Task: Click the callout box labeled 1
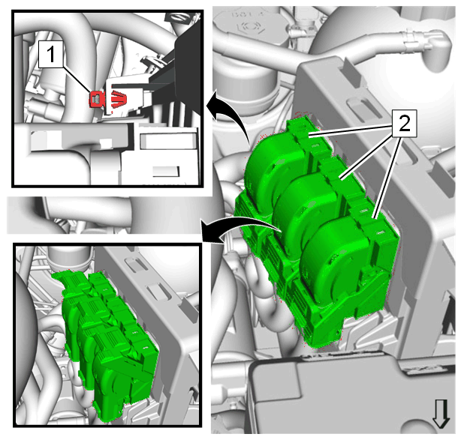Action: (x=51, y=54)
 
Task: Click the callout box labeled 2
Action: (x=404, y=124)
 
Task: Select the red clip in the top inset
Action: (x=96, y=98)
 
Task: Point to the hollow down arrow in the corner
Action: (x=441, y=414)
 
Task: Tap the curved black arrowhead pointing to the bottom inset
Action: (x=209, y=232)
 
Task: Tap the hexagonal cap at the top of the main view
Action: (x=249, y=26)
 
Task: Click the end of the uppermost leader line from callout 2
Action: (x=309, y=136)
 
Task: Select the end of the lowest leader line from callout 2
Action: (x=374, y=217)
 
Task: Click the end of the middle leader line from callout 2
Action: (x=339, y=178)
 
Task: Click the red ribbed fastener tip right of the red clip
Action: (x=119, y=98)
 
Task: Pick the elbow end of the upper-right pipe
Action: (x=441, y=48)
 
